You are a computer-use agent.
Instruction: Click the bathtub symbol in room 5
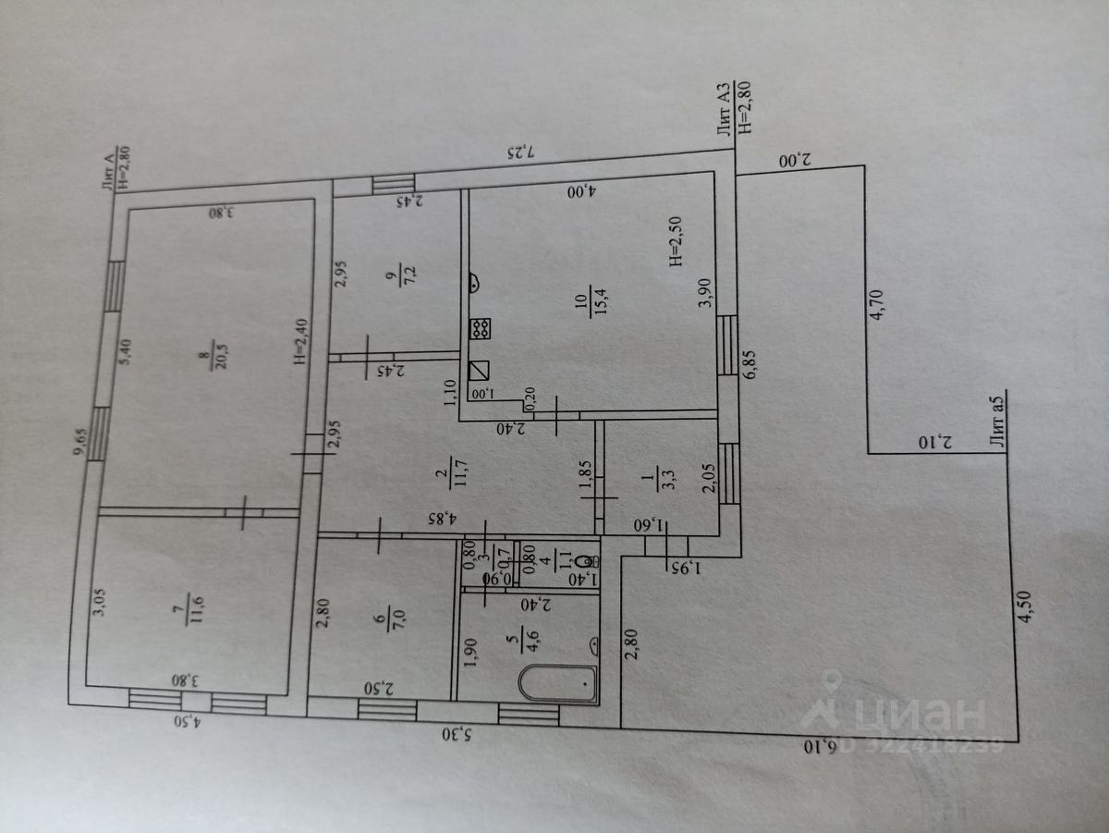click(x=558, y=683)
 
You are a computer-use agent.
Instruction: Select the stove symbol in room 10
click(x=481, y=327)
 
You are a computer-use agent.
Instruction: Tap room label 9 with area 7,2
click(x=395, y=276)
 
